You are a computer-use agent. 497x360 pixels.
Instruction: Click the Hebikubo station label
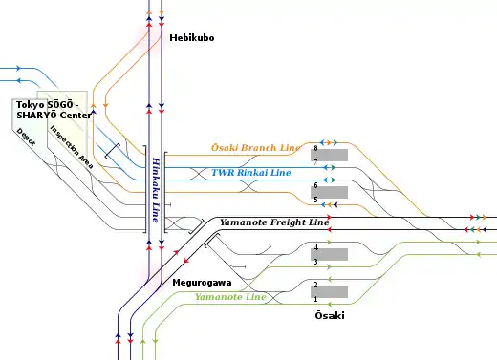click(192, 38)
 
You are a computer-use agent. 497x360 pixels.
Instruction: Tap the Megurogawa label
click(202, 283)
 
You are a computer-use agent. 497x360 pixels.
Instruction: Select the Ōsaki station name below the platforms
click(330, 315)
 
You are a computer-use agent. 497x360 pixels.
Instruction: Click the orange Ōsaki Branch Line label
click(256, 148)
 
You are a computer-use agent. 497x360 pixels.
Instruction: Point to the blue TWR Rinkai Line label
click(251, 173)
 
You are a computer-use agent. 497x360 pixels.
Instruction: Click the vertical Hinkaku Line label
click(156, 190)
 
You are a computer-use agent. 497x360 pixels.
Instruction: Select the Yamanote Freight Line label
click(274, 222)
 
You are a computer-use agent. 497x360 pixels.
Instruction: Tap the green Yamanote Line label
click(230, 297)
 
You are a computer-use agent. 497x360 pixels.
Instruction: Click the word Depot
click(26, 137)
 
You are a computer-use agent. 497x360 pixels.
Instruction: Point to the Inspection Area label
click(72, 147)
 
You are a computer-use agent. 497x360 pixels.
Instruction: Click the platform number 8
click(315, 148)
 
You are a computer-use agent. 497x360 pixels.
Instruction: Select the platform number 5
click(315, 200)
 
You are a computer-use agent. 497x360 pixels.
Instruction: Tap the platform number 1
click(315, 299)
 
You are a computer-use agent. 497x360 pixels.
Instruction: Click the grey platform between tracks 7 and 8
click(329, 155)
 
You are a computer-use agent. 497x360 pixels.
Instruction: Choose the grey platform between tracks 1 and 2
click(329, 291)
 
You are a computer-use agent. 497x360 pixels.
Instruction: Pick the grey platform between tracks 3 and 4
click(329, 254)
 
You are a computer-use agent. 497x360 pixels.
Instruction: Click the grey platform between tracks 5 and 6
click(329, 192)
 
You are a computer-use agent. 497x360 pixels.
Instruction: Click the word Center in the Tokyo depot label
click(76, 115)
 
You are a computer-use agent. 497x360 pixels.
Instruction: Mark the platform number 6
click(315, 185)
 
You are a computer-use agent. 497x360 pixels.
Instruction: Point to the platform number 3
click(315, 262)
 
